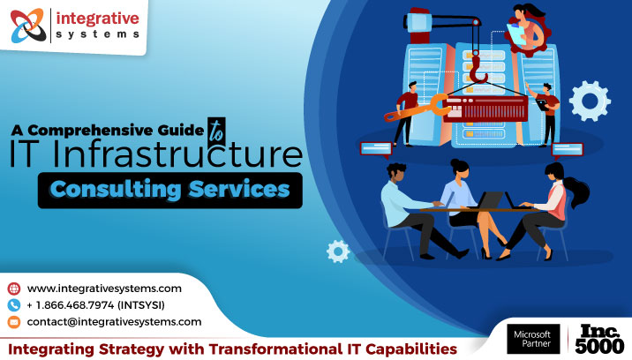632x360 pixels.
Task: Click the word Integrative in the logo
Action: click(98, 18)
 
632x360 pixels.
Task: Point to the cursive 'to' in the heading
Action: click(214, 127)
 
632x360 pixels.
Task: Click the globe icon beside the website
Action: click(13, 289)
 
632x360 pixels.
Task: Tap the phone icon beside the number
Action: click(13, 305)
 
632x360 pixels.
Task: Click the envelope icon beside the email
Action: click(13, 322)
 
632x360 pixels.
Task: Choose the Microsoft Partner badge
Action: click(532, 338)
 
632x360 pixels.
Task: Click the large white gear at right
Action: click(590, 100)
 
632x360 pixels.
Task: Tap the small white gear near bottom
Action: click(336, 251)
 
